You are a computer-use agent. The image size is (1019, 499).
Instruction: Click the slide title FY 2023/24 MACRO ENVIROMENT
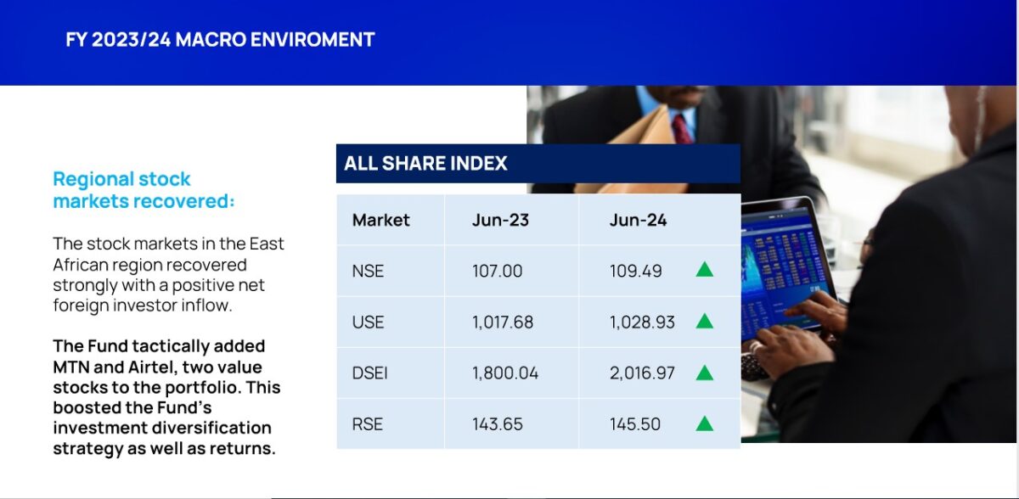click(220, 40)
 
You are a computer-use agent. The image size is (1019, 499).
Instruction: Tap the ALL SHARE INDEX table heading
click(425, 163)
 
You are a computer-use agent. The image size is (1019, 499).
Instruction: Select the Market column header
click(380, 220)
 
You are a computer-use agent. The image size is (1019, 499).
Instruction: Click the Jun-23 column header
click(500, 220)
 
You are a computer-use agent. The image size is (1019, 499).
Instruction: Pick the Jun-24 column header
click(638, 220)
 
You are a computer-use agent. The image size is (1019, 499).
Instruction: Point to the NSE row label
click(368, 271)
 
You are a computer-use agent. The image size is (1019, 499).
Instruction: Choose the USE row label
click(368, 322)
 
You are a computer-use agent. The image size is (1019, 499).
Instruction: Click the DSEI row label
click(369, 373)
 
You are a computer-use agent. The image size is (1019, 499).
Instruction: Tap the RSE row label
click(367, 424)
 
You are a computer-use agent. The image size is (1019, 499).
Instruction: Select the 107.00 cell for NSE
click(498, 271)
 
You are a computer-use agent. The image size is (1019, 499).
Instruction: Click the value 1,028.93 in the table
click(642, 322)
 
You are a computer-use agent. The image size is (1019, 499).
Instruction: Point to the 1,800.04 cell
click(505, 373)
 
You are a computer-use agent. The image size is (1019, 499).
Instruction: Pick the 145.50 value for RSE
click(634, 424)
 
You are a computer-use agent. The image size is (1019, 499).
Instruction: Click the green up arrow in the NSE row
click(705, 270)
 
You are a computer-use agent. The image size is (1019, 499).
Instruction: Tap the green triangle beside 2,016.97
click(705, 373)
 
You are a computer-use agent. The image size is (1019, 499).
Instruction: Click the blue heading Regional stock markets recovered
click(144, 190)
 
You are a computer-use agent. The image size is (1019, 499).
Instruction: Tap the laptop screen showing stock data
click(785, 268)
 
